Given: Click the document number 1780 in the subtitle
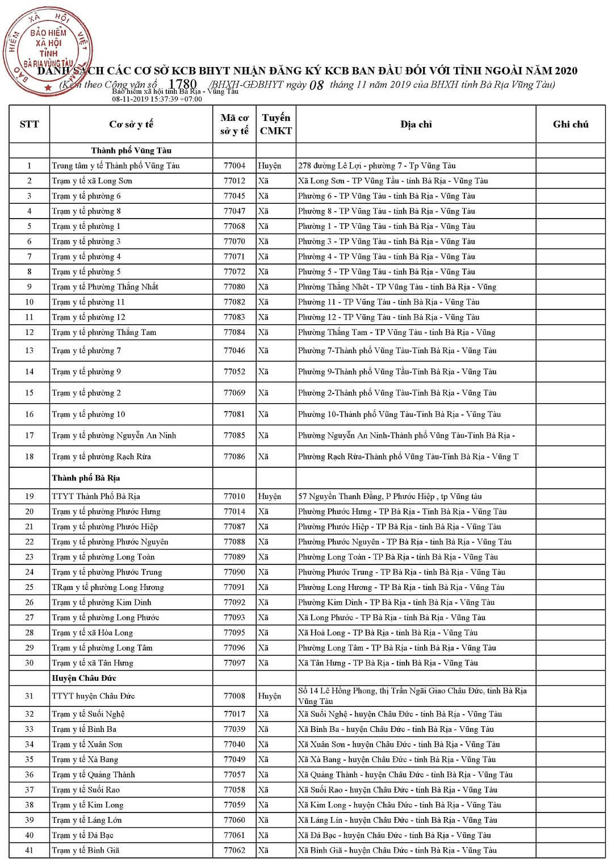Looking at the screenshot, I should pos(183,85).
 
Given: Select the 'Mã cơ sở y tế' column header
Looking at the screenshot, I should pos(234,124).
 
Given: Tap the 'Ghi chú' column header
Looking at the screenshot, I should pos(571,124).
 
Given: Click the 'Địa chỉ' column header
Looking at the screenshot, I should pos(416,124).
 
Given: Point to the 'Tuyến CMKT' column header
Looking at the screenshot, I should pos(276,124).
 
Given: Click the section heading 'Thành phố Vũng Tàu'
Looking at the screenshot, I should pos(131,150).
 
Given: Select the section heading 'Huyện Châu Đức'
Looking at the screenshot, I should pos(84,678).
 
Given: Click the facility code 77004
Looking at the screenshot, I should pos(234,166).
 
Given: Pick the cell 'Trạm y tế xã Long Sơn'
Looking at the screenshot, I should pos(92,181).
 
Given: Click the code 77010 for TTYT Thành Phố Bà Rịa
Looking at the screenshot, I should pos(234,496).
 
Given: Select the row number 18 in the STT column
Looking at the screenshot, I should pos(30,456).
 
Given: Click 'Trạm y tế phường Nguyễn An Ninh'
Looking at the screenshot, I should pos(114,435).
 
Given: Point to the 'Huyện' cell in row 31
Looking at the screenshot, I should pos(270,696).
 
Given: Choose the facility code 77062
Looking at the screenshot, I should pos(234,851).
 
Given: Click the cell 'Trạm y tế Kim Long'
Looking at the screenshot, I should pos(87,805).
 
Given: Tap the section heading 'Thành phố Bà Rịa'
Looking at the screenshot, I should pos(86,478).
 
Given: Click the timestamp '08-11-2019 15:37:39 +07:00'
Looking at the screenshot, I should pos(157,99).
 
